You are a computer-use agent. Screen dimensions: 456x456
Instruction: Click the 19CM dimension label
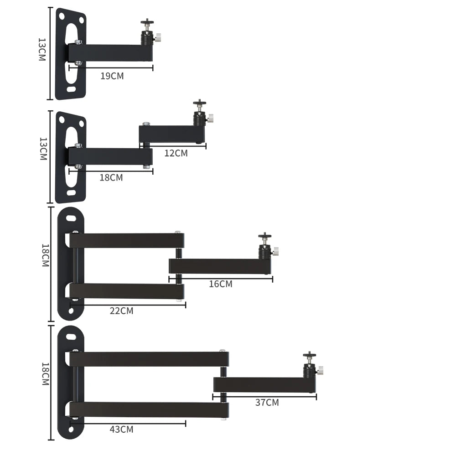[x=112, y=76]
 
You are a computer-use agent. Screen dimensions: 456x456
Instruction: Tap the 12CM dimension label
[x=176, y=153]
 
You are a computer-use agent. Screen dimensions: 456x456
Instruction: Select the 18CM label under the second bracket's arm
[x=111, y=177]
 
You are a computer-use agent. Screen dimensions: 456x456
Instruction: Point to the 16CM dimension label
[x=221, y=284]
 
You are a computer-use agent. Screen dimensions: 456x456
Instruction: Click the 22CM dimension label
[x=122, y=311]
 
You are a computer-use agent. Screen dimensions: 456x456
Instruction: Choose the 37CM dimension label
[x=267, y=403]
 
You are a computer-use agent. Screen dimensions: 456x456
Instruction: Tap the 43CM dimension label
[x=122, y=429]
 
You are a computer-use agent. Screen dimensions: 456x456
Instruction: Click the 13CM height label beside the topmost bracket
[x=42, y=49]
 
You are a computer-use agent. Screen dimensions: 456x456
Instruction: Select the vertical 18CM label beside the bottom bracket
[x=45, y=374]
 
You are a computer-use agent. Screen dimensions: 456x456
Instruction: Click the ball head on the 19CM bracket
[x=147, y=32]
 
